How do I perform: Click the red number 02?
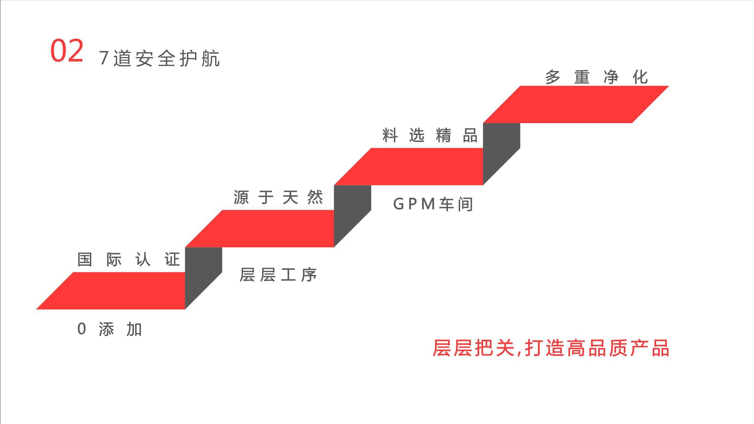pos(67,51)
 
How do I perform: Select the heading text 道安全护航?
pos(166,58)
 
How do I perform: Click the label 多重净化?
pos(596,77)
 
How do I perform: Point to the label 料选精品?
pos(430,135)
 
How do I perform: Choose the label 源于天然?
pos(278,197)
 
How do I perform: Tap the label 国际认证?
pos(128,259)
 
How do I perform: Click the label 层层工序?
pos(278,275)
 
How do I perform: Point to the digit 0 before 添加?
pos(82,329)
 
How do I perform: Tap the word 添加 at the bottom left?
pos(120,329)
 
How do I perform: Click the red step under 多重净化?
pos(576,104)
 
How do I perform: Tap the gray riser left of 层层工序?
pos(204,278)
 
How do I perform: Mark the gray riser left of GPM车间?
pos(352,216)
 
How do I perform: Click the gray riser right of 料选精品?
pos(501,154)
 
